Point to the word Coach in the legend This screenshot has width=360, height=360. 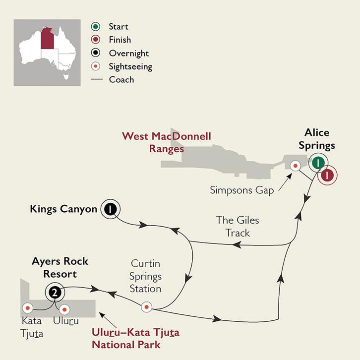coord(121,79)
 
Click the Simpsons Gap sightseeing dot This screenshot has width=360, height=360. coord(296,166)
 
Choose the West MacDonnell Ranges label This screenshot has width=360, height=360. coord(167,142)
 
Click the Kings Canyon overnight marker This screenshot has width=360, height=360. coord(109,210)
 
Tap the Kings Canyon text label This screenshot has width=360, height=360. coord(63,209)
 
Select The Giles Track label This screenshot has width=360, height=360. coord(238,226)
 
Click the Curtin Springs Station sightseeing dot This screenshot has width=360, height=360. coord(146,307)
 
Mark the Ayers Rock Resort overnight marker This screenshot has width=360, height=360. coord(54,293)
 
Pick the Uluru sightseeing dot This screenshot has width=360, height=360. coord(64,308)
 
